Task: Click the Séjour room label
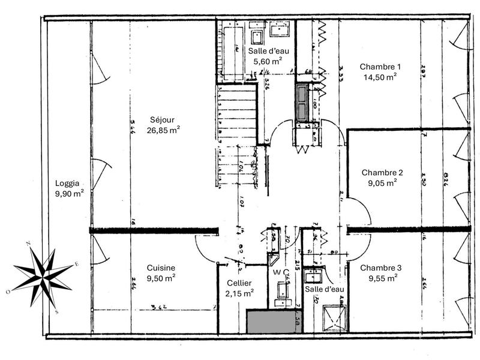[x=163, y=119]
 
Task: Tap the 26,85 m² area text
[x=163, y=129]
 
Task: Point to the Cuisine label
[x=161, y=268]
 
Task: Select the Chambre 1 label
[x=379, y=67]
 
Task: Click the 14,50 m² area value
[x=379, y=77]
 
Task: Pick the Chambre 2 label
[x=382, y=172]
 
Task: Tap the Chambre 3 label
[x=382, y=268]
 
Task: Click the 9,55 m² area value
[x=382, y=278]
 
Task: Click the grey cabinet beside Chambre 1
[x=301, y=103]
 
